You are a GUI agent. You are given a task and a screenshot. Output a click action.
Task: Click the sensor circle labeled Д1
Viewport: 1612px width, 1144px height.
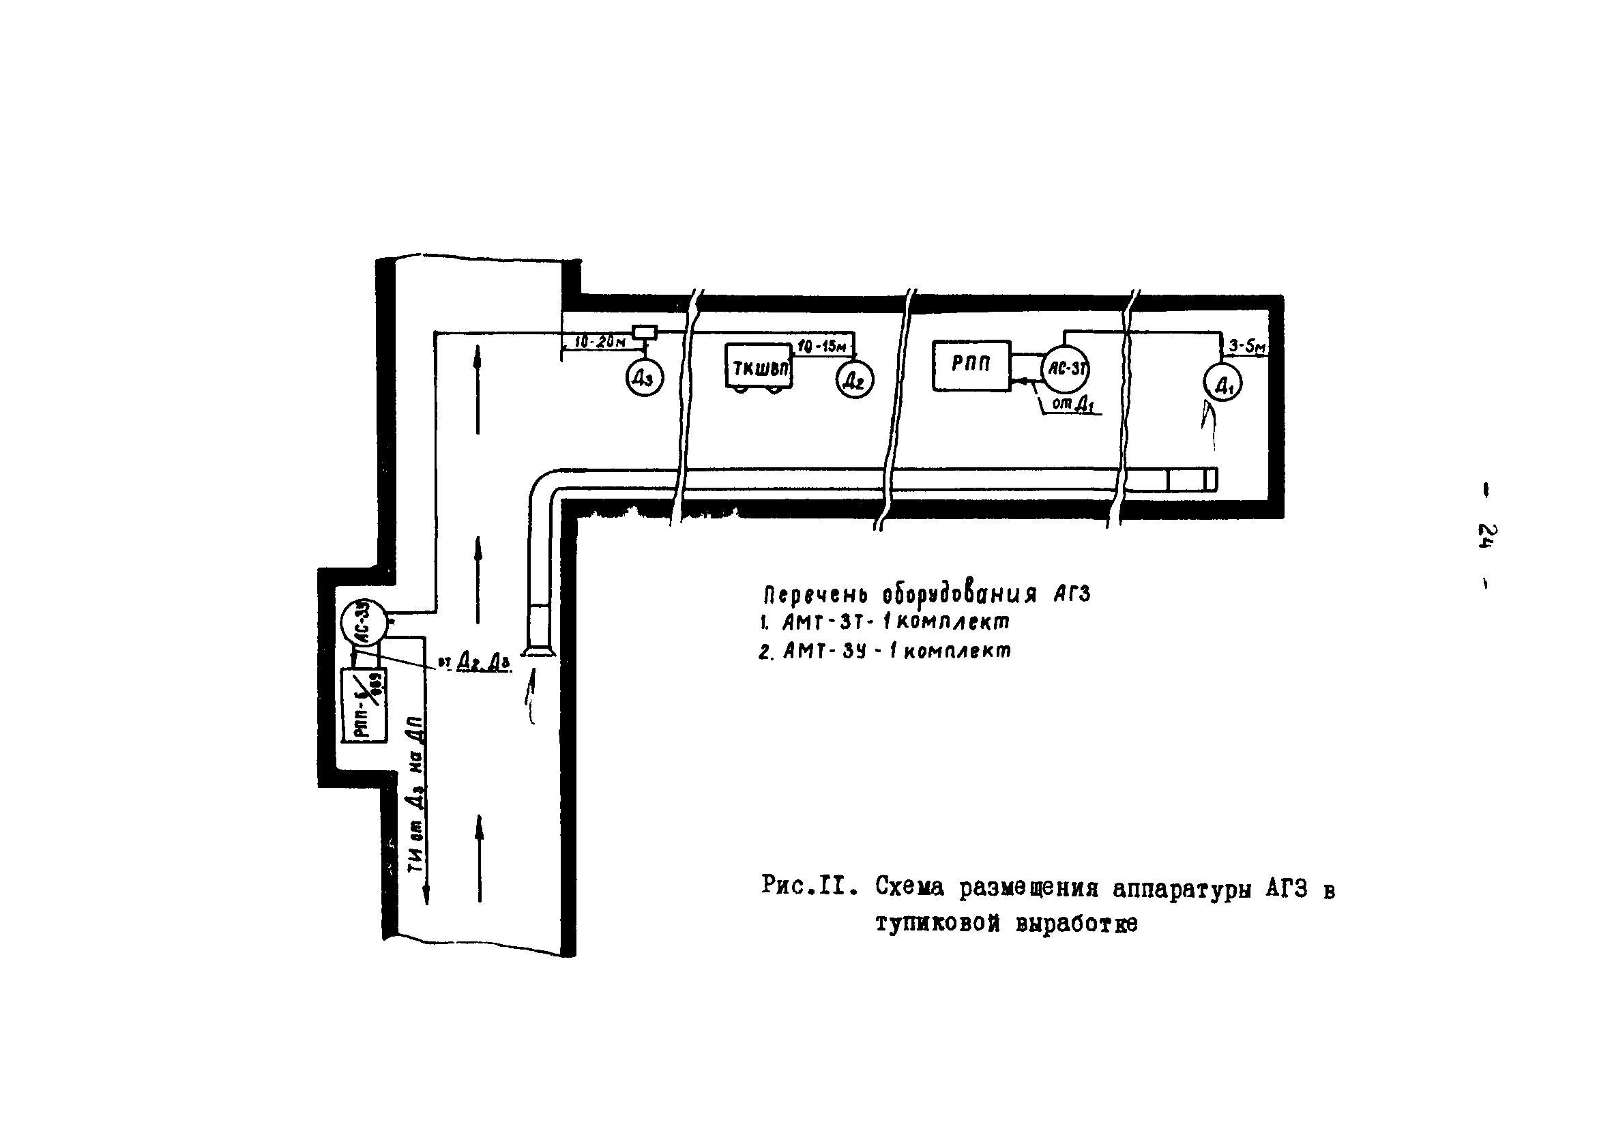(x=1222, y=383)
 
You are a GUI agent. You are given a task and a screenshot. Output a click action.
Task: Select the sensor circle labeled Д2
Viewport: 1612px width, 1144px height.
(x=854, y=381)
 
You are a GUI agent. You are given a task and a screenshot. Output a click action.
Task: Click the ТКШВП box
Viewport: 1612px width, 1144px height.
(x=759, y=366)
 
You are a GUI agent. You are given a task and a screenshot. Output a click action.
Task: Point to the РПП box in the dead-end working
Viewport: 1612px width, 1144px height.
(x=971, y=365)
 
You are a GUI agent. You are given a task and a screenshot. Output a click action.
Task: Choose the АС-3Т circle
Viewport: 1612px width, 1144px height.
(x=1066, y=368)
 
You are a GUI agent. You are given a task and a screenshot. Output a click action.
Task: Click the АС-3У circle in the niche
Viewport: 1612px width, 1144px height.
(x=362, y=621)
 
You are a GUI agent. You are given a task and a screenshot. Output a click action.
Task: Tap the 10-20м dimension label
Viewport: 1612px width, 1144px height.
(x=600, y=342)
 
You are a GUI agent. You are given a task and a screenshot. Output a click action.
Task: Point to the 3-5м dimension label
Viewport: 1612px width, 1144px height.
(x=1247, y=347)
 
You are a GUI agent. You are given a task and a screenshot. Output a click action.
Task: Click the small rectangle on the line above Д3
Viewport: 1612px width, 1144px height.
(x=645, y=332)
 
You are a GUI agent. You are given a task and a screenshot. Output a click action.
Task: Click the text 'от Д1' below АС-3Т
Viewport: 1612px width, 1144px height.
(x=1072, y=405)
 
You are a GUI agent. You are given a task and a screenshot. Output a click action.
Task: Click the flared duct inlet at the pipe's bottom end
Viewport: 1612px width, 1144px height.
(x=540, y=651)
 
